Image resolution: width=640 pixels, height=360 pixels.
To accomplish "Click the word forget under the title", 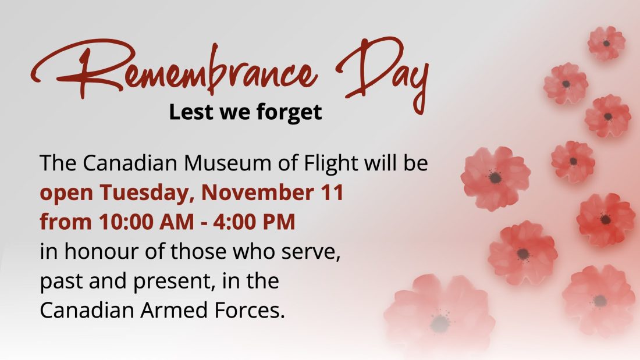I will coord(290,112).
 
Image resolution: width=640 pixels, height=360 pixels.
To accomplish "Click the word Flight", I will coord(332,163).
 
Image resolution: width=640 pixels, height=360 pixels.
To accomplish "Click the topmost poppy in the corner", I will coord(606,43).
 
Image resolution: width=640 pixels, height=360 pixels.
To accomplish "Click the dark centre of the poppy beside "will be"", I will coord(495,177).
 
